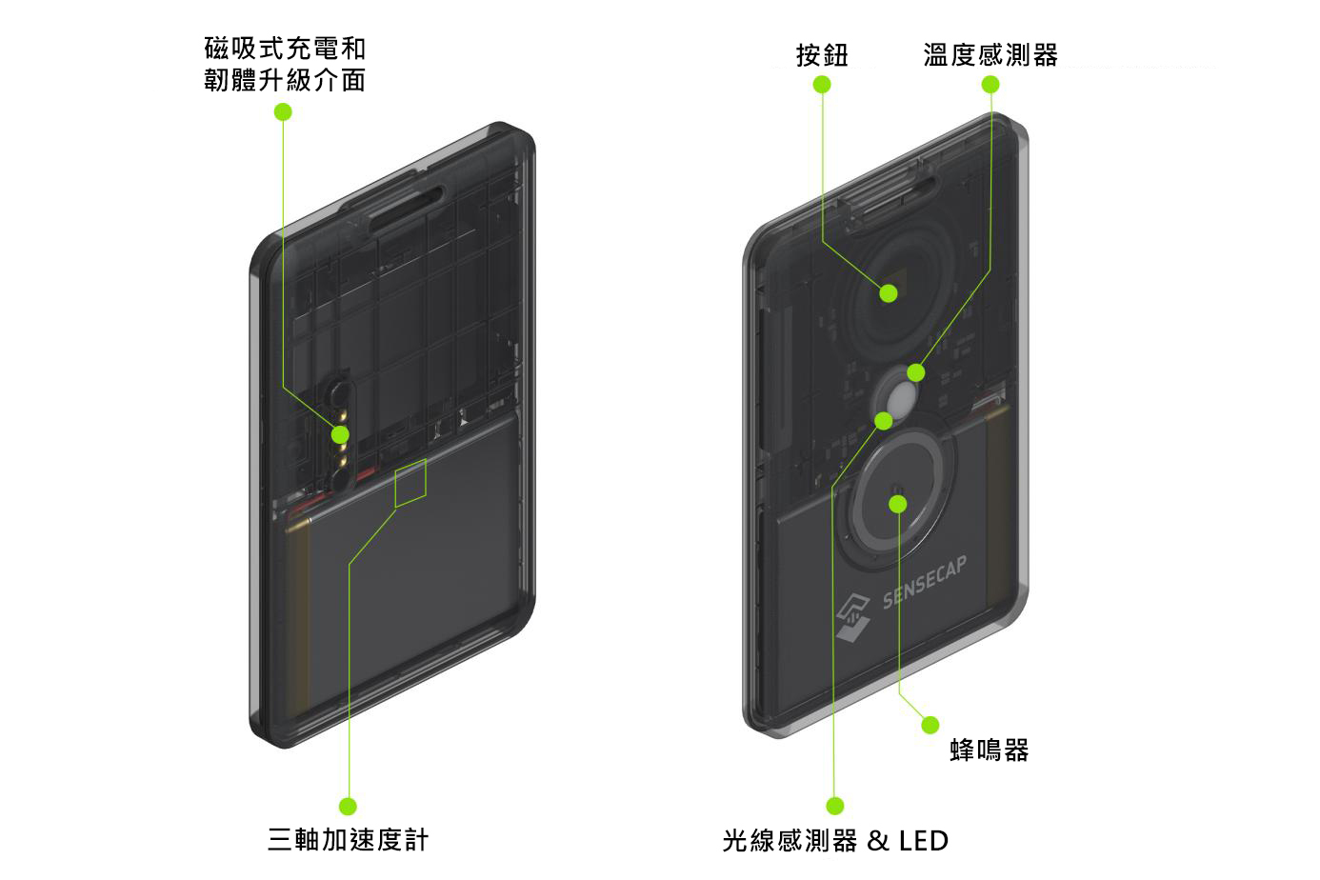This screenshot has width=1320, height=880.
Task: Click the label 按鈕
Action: (x=822, y=55)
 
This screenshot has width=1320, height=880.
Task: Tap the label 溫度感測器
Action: (x=990, y=55)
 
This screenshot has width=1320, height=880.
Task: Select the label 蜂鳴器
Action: (x=990, y=750)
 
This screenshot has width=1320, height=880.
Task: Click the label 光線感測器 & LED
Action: (x=835, y=841)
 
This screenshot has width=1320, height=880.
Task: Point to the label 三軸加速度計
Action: (x=349, y=840)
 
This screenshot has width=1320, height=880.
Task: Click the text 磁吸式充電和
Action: (x=285, y=48)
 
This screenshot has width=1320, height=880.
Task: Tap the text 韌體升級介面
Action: (x=285, y=80)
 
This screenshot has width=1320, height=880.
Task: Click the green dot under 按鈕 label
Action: (x=822, y=85)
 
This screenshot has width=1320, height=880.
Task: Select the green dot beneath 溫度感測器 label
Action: (x=990, y=85)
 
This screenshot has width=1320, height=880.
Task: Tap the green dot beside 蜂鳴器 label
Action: (x=930, y=726)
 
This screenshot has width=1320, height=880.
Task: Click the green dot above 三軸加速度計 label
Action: (x=348, y=807)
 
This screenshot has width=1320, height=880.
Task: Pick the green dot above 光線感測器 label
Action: (x=835, y=807)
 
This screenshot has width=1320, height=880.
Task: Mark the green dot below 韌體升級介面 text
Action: (x=283, y=112)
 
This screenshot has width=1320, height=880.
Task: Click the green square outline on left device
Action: (x=410, y=482)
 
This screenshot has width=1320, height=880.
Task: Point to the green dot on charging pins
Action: (x=340, y=435)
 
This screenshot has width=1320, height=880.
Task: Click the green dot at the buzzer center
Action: (x=898, y=503)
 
